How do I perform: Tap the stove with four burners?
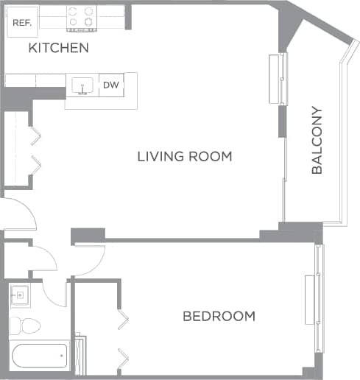pos(82,18)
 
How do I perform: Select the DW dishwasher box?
pos(110,85)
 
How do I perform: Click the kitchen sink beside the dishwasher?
pos(82,86)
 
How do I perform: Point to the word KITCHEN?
pos(58,49)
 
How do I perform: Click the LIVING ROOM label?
pos(185,156)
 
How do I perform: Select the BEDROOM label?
pos(219,316)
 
